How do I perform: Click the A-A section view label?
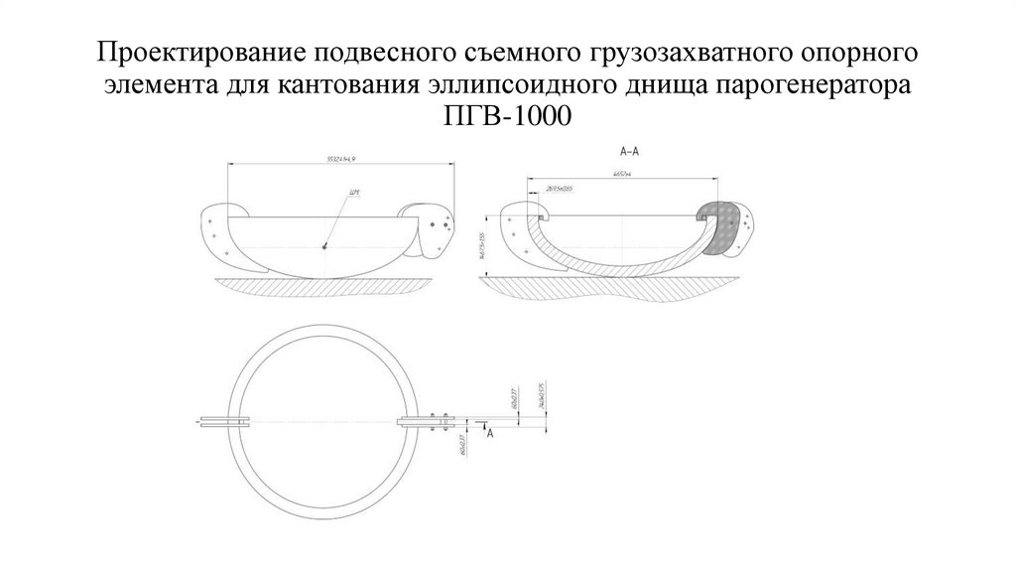tap(627, 151)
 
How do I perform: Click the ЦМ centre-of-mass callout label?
tap(353, 191)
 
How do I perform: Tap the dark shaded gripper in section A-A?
tap(722, 224)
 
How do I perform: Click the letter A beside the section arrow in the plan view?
tap(493, 434)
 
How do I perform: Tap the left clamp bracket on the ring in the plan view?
tap(220, 422)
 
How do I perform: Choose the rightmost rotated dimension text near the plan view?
tap(538, 396)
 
